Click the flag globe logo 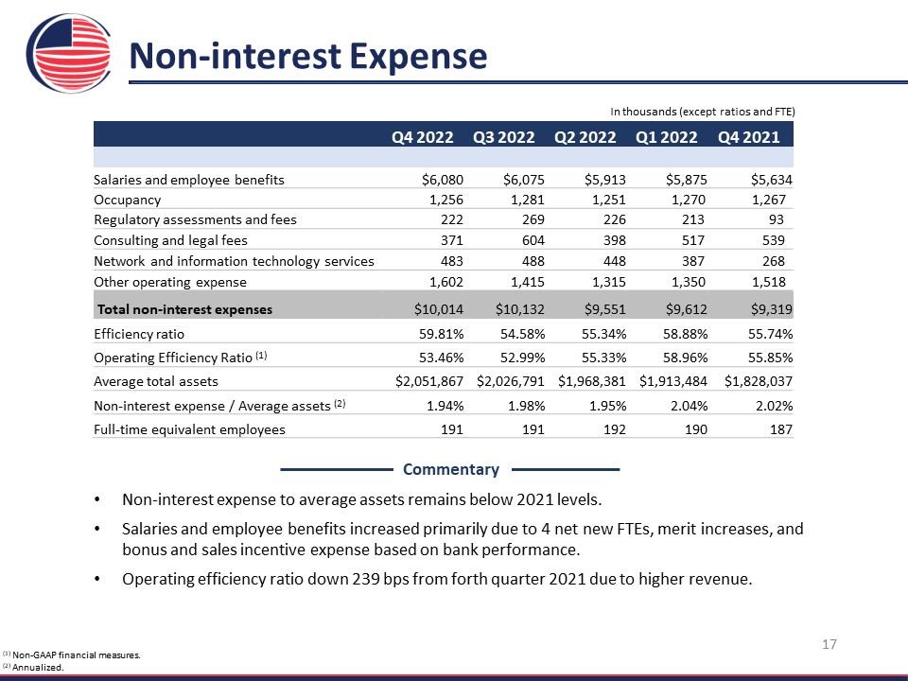(69, 53)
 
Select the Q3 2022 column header (503, 137)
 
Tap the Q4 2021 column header (748, 137)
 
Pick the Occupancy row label (128, 200)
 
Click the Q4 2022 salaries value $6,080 (443, 180)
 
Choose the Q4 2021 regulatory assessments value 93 (776, 219)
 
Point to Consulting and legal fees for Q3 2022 (533, 240)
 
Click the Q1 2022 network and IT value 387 (693, 261)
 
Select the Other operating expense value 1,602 (445, 282)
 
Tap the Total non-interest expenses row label (184, 309)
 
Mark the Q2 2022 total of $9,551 (605, 309)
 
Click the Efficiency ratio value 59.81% (442, 334)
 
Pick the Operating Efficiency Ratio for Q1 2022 (685, 358)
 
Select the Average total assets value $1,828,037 (758, 381)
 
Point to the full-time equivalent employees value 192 (615, 429)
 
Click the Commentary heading (451, 469)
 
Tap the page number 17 (829, 644)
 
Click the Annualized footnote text (38, 667)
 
